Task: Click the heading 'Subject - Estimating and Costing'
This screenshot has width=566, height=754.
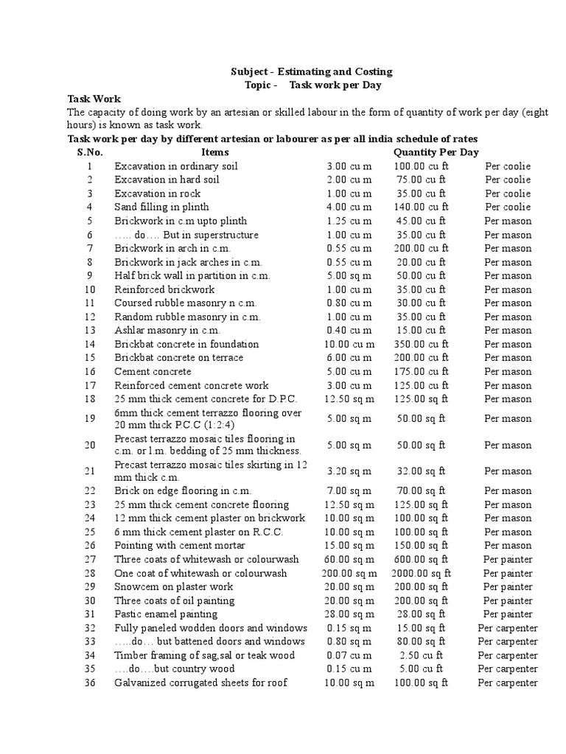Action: [311, 71]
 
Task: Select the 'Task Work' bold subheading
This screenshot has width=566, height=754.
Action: [94, 99]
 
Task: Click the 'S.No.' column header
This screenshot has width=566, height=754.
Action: [90, 152]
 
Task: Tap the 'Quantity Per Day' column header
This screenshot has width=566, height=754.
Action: [436, 152]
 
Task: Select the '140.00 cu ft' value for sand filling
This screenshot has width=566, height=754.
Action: [421, 207]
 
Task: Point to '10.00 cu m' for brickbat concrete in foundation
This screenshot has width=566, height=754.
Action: [349, 344]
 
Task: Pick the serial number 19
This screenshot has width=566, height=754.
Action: [90, 418]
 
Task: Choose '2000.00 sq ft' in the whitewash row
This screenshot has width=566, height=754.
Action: [421, 573]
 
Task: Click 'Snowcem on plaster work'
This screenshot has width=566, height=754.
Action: [174, 587]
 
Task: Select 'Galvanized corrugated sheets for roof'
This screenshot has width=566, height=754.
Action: [200, 683]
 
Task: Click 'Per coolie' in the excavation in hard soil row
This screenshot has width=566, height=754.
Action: [508, 180]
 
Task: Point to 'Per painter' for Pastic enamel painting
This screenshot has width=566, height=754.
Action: [508, 614]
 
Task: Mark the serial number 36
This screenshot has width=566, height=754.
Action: [90, 683]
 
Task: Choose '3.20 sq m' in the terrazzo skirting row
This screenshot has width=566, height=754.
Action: [349, 471]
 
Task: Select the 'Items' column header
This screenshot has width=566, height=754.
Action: [214, 152]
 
